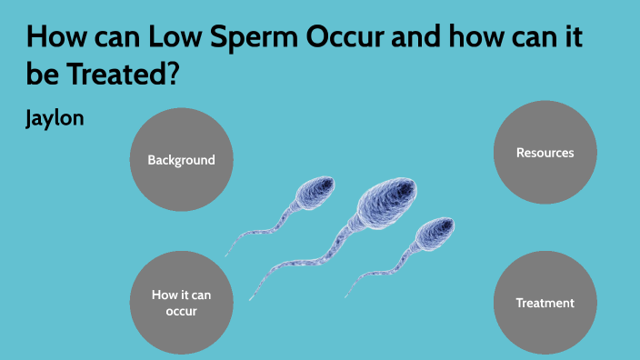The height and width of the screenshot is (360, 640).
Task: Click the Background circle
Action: pos(182,160)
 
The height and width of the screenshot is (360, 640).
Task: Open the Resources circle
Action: pos(545,153)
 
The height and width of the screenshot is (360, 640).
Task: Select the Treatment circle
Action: pos(545,303)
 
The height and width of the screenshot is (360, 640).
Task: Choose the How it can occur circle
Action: pos(182,303)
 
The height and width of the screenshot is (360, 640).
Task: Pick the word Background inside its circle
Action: pos(182,160)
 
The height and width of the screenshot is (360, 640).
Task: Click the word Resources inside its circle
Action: pos(545,153)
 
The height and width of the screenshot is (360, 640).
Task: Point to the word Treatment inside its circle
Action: pos(545,303)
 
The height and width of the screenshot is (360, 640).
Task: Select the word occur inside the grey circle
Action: pos(181,311)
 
